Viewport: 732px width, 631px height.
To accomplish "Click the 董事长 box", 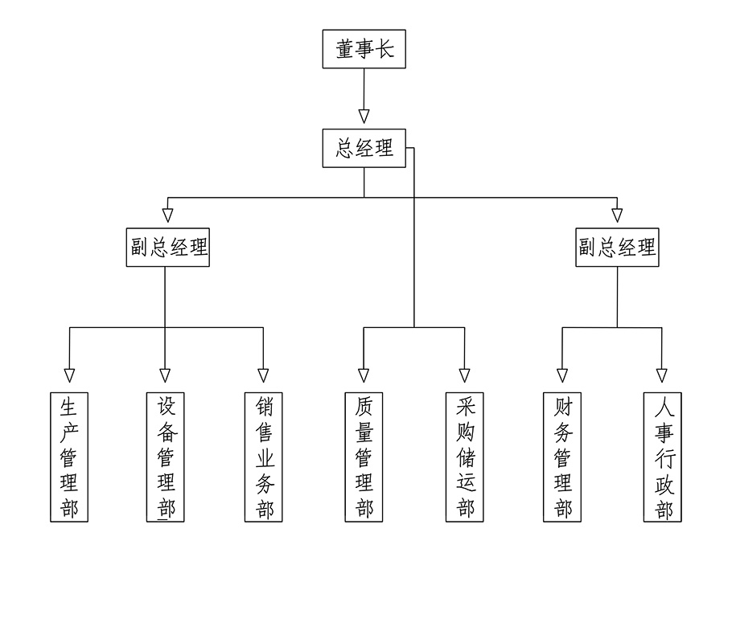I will [364, 49].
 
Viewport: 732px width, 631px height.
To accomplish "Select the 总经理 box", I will [364, 148].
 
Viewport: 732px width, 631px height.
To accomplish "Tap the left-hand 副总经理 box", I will [168, 247].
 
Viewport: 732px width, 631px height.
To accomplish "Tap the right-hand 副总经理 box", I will [617, 247].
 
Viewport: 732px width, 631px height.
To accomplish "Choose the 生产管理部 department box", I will [69, 457].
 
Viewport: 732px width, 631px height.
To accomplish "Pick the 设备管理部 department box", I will [166, 457].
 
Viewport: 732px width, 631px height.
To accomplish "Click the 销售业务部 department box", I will [264, 457].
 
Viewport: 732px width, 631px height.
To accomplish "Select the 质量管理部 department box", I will [364, 457].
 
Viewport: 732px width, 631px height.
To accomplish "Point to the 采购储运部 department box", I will [464, 457].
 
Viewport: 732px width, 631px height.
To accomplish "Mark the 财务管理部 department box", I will [562, 457].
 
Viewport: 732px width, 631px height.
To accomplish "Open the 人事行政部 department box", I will [662, 457].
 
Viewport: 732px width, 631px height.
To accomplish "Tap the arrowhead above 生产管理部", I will [69, 375].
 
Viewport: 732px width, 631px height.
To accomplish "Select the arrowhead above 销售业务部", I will [263, 375].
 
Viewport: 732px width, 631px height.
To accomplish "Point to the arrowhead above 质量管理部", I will [364, 375].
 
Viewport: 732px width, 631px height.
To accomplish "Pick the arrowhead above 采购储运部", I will [464, 375].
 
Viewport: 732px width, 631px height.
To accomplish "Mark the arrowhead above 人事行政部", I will [662, 375].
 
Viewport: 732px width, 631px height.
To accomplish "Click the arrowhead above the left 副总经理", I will [167, 215].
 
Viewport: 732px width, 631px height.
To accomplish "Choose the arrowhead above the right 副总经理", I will [617, 215].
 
